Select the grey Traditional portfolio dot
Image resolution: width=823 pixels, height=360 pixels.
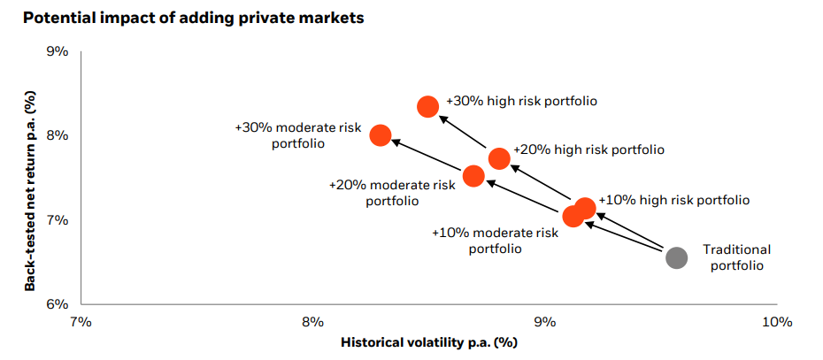[x=676, y=257]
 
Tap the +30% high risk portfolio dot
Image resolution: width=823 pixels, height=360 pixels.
[x=427, y=106]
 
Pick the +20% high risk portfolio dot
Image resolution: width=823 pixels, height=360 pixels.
[x=499, y=158]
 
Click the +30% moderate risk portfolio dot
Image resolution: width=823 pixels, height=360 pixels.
[x=381, y=134]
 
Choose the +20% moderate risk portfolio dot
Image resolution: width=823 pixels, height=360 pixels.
[x=473, y=176]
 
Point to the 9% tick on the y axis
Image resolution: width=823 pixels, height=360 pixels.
[x=57, y=51]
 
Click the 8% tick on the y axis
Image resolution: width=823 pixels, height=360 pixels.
[x=57, y=135]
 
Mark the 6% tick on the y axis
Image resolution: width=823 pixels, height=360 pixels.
[x=57, y=304]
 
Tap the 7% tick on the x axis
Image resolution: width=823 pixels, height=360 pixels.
[x=81, y=322]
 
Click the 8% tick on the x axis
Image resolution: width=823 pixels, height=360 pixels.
[x=312, y=322]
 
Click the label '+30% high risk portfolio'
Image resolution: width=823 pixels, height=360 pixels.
[x=521, y=101]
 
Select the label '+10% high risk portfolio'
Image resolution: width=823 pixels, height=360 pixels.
[x=673, y=201]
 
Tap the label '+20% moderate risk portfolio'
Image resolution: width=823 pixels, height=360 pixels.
[x=392, y=193]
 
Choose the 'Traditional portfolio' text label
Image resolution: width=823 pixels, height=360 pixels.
[x=736, y=257]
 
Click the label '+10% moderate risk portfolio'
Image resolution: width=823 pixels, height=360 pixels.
[x=495, y=241]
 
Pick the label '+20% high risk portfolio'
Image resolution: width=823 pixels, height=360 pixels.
[x=588, y=150]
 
